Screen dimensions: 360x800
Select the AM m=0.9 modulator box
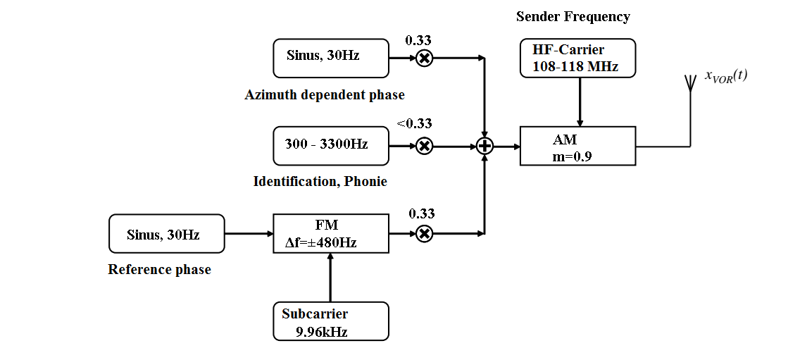click(x=577, y=147)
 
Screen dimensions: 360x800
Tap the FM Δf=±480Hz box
click(x=330, y=234)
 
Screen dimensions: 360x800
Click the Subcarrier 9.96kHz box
click(x=330, y=321)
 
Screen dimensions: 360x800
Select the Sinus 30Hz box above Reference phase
click(x=166, y=234)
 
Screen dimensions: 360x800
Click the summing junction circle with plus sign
click(x=485, y=147)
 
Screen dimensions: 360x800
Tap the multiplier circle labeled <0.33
click(x=423, y=147)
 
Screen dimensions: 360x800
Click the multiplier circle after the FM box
click(x=423, y=234)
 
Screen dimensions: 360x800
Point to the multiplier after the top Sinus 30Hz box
click(x=423, y=58)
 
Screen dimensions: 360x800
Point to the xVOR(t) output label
click(x=725, y=76)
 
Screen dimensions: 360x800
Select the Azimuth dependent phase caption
click(x=325, y=94)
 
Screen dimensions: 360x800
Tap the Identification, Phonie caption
click(x=320, y=182)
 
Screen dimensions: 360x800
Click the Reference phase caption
click(x=159, y=270)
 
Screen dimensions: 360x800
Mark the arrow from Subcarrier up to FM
click(x=330, y=278)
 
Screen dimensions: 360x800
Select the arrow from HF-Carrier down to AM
click(x=579, y=102)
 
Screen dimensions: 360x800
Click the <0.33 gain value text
click(x=414, y=124)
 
